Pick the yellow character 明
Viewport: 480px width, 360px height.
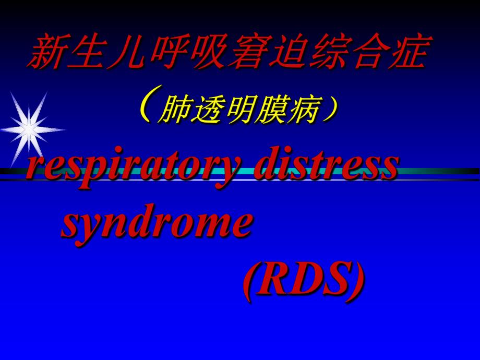click(x=237, y=110)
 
